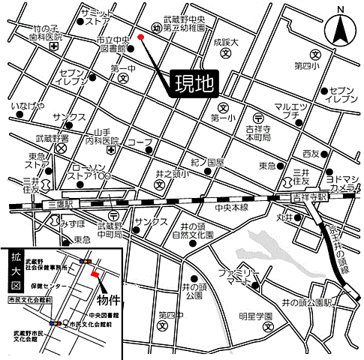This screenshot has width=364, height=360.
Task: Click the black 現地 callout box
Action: (x=194, y=82)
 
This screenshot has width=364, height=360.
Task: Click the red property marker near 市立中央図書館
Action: (x=141, y=35)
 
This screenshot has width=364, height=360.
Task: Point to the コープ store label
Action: (x=140, y=142)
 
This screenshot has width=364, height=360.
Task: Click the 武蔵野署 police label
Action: (x=52, y=139)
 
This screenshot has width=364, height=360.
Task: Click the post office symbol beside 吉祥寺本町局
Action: (x=258, y=118)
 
